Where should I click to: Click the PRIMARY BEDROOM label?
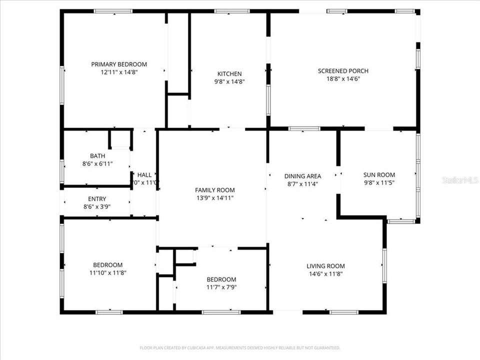pos(119,64)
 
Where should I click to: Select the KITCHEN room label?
pos(229,73)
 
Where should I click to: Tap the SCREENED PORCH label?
pos(343,70)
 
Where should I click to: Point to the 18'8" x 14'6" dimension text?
pos(343,78)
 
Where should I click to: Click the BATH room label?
pos(97,156)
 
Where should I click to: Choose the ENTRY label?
pos(97,199)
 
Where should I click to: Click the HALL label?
pos(144,175)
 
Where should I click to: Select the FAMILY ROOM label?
pos(214,190)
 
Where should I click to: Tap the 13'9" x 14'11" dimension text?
pos(214,198)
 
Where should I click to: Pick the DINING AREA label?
pos(302,176)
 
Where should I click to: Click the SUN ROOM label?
pos(378,174)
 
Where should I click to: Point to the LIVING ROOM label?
pos(325,266)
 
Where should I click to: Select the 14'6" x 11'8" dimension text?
pos(325,274)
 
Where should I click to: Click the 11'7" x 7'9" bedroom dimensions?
pos(221,287)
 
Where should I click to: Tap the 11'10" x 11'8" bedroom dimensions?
pos(107,273)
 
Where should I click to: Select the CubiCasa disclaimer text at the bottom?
pos(240,347)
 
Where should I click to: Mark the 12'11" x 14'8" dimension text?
pos(119,72)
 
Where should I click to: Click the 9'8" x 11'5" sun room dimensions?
pos(378,182)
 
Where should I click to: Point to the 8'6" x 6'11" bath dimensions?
pos(97,164)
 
